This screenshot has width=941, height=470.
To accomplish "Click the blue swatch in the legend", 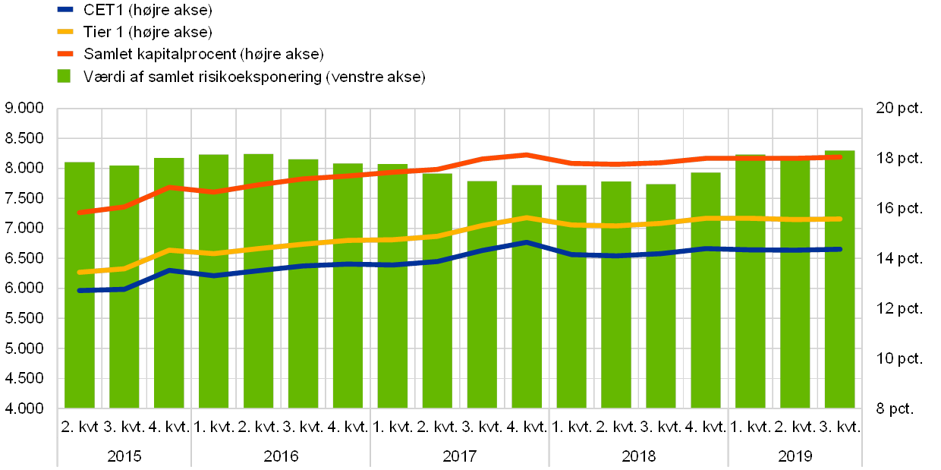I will pyautogui.click(x=65, y=10).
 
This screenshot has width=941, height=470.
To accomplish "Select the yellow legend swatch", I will pyautogui.click(x=65, y=32).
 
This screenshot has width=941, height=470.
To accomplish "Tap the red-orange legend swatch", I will pyautogui.click(x=65, y=54).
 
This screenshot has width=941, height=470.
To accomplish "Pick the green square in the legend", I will pyautogui.click(x=65, y=77).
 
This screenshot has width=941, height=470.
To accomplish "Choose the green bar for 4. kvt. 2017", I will pyautogui.click(x=527, y=296).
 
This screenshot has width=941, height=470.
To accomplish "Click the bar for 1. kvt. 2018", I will pyautogui.click(x=571, y=296).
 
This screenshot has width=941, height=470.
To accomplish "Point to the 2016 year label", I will pyautogui.click(x=281, y=456).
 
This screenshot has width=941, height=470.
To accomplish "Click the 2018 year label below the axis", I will pyautogui.click(x=638, y=456).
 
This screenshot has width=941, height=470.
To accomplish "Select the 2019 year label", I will pyautogui.click(x=795, y=456).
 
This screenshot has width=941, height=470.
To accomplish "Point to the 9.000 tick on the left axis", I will pyautogui.click(x=25, y=109).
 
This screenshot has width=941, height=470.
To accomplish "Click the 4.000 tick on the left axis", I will pyautogui.click(x=25, y=408).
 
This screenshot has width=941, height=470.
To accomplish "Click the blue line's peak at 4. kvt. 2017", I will pyautogui.click(x=527, y=243).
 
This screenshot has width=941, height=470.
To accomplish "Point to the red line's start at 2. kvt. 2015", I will pyautogui.click(x=80, y=213).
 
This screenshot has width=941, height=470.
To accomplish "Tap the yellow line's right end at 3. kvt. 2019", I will pyautogui.click(x=839, y=219).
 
